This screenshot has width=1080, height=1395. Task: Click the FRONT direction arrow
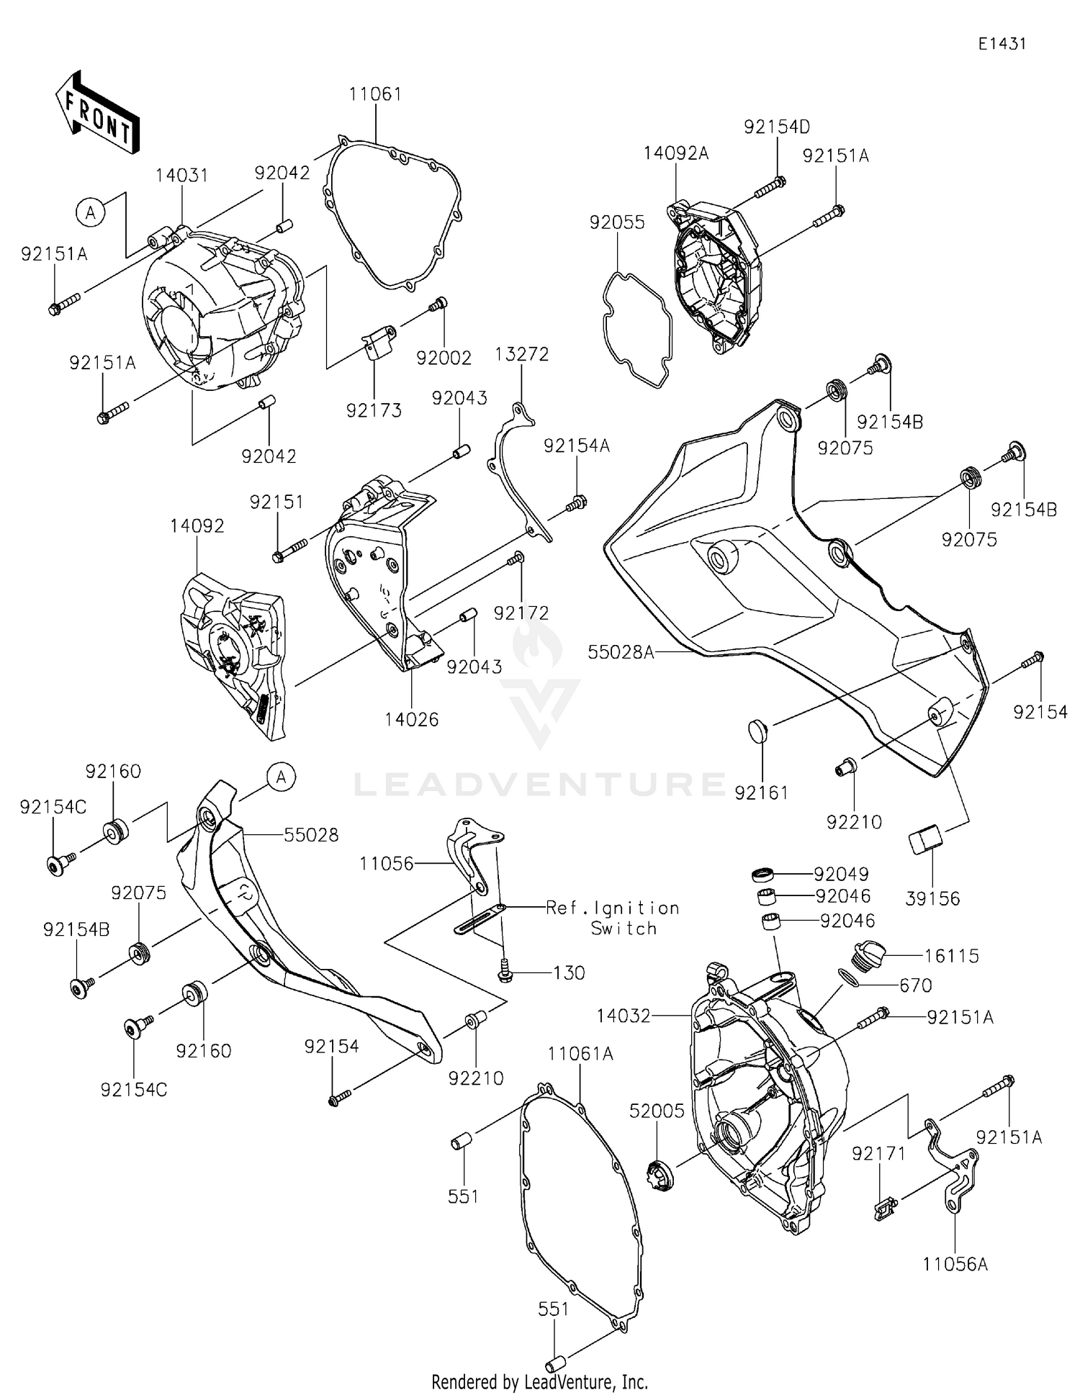click(x=96, y=114)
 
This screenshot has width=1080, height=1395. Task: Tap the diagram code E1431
click(x=1002, y=44)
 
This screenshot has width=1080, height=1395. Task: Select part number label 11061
click(x=375, y=94)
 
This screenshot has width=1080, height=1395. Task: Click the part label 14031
click(x=182, y=176)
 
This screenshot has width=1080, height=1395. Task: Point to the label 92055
click(x=616, y=222)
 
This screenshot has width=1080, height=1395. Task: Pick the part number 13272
click(x=522, y=354)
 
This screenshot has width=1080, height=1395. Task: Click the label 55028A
click(x=621, y=652)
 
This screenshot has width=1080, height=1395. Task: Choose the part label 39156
click(x=932, y=898)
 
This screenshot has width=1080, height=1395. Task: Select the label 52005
click(x=657, y=1111)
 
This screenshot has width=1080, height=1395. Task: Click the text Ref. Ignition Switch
click(x=613, y=918)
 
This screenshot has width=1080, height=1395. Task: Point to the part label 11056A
click(x=955, y=1264)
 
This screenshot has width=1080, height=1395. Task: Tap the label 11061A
click(x=580, y=1054)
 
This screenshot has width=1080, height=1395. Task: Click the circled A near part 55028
click(x=282, y=777)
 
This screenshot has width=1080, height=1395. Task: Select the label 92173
click(x=374, y=410)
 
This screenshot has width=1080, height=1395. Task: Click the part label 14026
click(x=411, y=719)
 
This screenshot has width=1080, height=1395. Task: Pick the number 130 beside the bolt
click(x=569, y=973)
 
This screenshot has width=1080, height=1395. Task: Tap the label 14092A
click(x=675, y=153)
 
